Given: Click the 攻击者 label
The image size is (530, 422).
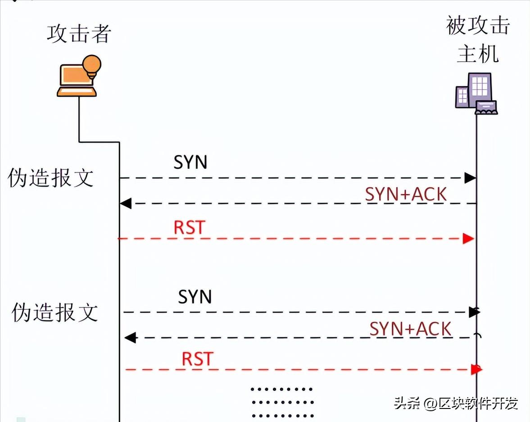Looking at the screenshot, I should (79, 34).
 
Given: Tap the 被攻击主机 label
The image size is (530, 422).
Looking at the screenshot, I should (478, 40).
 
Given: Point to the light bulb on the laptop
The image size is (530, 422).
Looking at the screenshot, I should (92, 65).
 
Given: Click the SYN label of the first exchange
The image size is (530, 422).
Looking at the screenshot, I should (190, 163).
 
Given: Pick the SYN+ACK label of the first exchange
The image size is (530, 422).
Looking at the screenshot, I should (406, 194).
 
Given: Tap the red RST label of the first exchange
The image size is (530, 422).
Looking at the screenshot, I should (189, 228).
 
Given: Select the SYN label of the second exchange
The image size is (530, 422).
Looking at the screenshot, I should (195, 297).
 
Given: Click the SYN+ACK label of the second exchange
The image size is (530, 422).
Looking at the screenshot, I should (410, 329).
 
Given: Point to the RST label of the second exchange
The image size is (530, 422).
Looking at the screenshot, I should (197, 359).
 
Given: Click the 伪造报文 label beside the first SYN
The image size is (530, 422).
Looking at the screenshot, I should (50, 178).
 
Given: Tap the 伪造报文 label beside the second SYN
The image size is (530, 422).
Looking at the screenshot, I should (54, 313).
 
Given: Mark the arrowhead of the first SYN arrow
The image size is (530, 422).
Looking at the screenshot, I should (470, 178).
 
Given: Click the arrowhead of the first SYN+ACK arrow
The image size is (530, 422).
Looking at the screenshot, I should (126, 204).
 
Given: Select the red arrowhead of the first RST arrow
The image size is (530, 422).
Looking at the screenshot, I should (469, 239).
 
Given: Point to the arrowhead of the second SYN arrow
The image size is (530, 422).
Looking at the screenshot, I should (474, 312).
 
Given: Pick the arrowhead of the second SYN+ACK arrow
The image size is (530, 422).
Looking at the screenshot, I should (130, 337).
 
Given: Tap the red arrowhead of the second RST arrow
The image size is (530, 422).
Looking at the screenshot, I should (476, 370).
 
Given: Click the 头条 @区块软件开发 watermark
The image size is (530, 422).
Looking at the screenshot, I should (456, 403).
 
